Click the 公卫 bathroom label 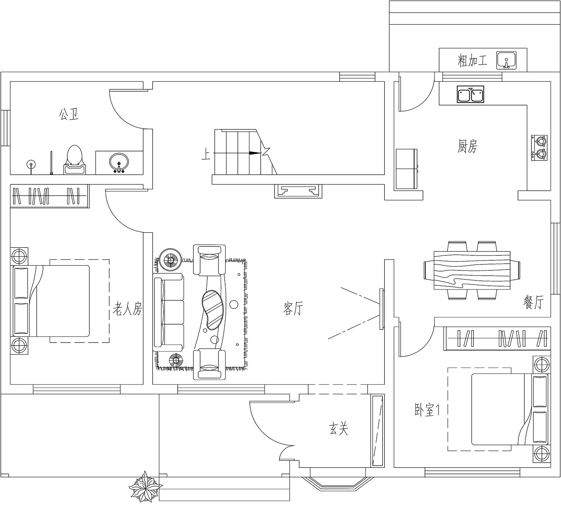[x=68, y=114]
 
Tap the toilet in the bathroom [x=75, y=160]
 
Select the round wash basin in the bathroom [x=119, y=162]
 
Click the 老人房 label [x=128, y=309]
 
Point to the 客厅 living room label [x=293, y=309]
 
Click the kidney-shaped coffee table [x=213, y=309]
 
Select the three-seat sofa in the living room [x=168, y=312]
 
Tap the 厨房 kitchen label [x=467, y=146]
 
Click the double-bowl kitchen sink [x=470, y=94]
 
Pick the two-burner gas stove [x=539, y=148]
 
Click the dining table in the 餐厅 [x=472, y=270]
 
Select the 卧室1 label [x=427, y=410]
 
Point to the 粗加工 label [x=472, y=61]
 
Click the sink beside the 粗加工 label [x=506, y=60]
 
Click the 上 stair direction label [x=206, y=155]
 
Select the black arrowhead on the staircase [x=255, y=153]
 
